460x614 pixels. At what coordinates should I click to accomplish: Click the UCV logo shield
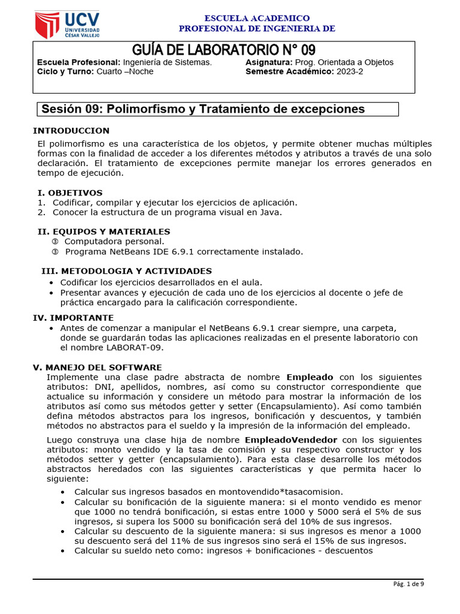(47, 24)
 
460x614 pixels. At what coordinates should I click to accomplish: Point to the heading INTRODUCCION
(71, 131)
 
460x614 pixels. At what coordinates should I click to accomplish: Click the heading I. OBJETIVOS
(70, 192)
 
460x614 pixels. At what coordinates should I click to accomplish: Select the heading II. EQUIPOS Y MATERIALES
(104, 231)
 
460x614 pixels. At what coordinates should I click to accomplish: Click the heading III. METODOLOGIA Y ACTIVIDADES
(126, 271)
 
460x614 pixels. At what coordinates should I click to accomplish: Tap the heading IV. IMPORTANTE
(72, 317)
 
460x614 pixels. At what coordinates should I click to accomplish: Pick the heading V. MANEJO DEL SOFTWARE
(96, 367)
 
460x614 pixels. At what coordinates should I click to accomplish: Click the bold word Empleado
(310, 377)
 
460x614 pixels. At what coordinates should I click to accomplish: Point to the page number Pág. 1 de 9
(408, 584)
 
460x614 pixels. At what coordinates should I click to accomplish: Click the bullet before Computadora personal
(55, 241)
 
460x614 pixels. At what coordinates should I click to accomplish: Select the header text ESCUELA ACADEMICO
(257, 19)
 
